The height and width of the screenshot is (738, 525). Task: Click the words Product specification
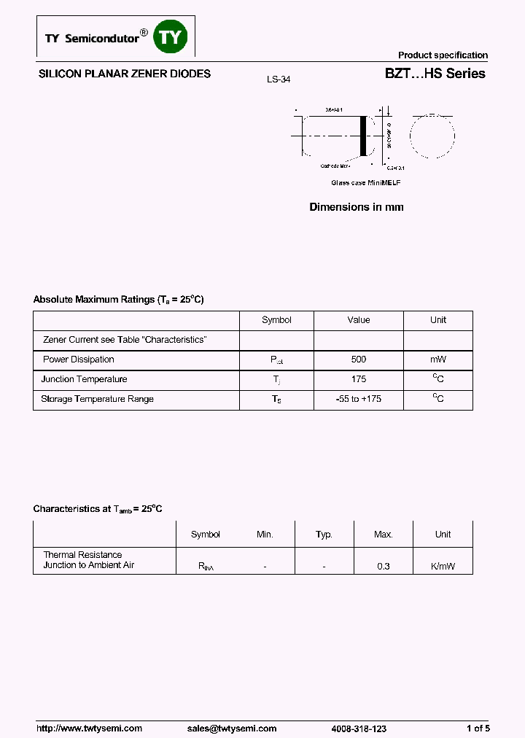pos(443,55)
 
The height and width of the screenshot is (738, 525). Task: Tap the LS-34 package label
pos(279,79)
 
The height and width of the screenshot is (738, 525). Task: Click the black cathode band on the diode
pos(363,136)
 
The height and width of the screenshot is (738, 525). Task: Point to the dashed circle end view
pos(432,136)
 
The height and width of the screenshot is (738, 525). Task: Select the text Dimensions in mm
pos(356,207)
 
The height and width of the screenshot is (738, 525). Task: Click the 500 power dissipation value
pos(358,360)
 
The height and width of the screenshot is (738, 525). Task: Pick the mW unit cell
pos(437,360)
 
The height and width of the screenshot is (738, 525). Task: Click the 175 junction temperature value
pos(358,379)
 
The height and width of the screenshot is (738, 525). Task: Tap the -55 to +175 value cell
pos(358,399)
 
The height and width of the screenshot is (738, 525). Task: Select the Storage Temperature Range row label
pos(97,399)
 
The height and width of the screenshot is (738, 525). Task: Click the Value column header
pos(358,320)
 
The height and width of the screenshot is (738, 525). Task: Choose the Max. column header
pos(384,535)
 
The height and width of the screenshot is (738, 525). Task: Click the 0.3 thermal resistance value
pos(384,566)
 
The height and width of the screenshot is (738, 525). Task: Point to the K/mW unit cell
pos(443,566)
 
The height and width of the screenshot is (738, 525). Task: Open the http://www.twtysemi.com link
pos(89,729)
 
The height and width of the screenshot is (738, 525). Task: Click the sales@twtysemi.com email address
pos(232,729)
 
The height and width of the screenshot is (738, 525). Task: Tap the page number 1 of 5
pos(478,729)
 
